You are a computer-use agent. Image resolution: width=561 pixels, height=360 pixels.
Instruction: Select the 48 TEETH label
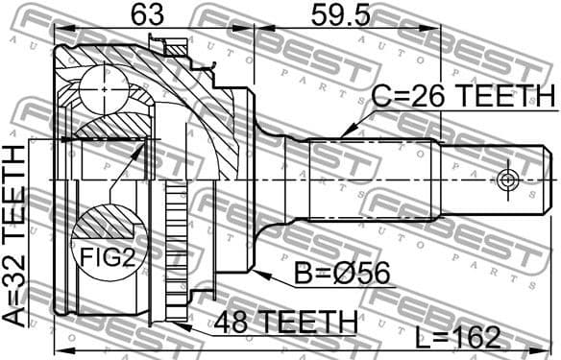[287, 319]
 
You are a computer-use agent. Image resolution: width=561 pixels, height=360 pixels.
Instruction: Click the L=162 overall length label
[458, 336]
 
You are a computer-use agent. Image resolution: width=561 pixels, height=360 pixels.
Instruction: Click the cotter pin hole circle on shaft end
[507, 180]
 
